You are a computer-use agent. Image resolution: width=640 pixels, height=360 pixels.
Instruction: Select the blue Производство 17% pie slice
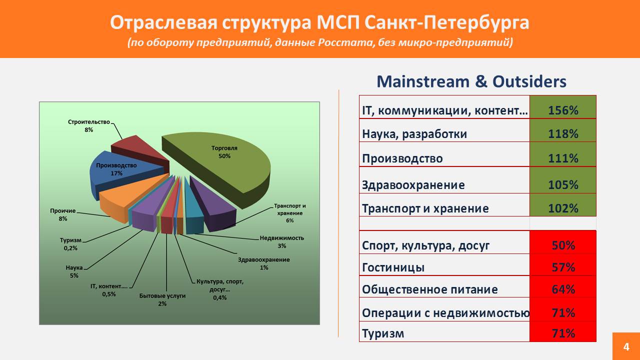[x=120, y=171]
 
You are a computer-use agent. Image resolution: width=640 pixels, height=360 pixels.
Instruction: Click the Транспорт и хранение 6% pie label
[x=289, y=213]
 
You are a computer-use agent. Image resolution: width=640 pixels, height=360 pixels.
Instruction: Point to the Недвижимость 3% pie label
[x=281, y=241]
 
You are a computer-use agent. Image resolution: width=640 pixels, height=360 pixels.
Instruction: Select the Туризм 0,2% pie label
[x=70, y=244]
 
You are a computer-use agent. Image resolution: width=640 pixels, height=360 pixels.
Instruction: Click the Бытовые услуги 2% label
[x=162, y=299]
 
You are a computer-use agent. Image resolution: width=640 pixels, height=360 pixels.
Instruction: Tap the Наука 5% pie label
[x=74, y=271]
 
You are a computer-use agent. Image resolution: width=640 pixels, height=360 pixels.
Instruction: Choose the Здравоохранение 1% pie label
[x=263, y=263]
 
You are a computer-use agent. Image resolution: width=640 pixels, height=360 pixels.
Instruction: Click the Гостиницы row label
[x=393, y=267]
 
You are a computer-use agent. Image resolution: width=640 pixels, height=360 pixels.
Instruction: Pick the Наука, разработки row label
[x=414, y=134]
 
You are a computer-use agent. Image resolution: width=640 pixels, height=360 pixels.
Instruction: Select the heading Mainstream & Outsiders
[x=471, y=81]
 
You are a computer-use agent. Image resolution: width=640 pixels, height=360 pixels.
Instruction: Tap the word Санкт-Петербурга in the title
[x=447, y=22]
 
